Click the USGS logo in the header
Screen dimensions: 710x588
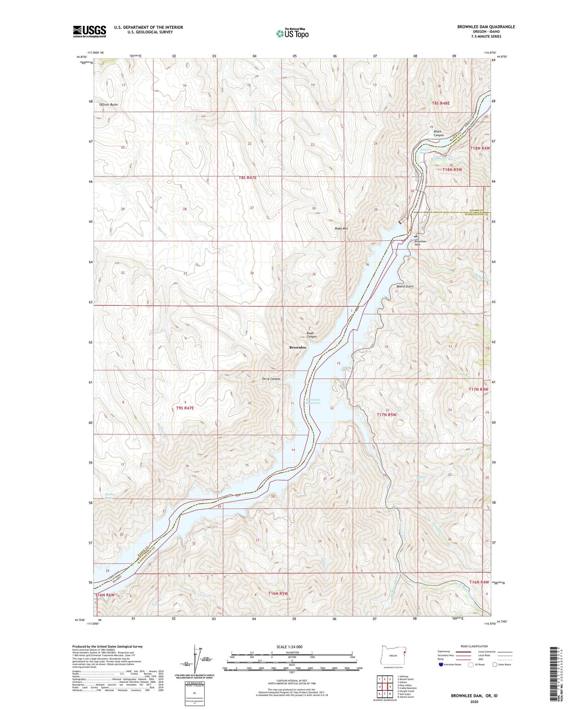(90, 31)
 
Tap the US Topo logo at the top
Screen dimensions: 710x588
(292, 33)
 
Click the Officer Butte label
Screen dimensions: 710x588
(109, 105)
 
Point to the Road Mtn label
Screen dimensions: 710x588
(341, 229)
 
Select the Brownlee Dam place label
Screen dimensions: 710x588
(420, 243)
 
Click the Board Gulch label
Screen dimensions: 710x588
(405, 286)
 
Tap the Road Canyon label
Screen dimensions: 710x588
(311, 335)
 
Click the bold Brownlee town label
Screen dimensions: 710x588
(297, 348)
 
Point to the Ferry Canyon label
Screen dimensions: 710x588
(271, 379)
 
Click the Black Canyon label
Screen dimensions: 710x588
(438, 133)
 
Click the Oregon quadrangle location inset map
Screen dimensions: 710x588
(393, 656)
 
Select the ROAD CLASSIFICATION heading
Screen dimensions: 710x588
(474, 646)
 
